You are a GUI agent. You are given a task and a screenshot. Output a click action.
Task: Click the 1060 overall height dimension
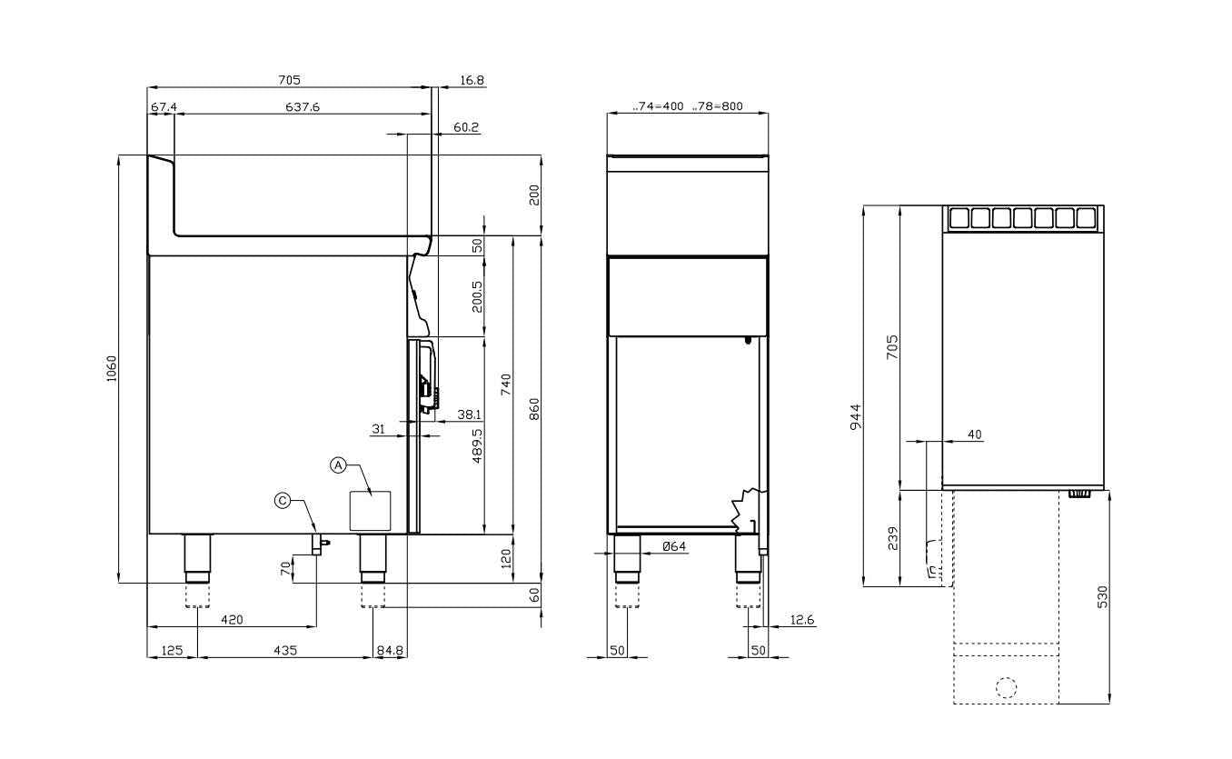tap(112, 369)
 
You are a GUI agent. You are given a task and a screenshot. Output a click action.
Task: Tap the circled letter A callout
tap(338, 465)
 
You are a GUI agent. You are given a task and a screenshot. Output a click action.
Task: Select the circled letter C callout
tap(283, 500)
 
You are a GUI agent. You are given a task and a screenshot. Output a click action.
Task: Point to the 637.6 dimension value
tap(303, 106)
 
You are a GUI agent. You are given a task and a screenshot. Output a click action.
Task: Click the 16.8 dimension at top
tap(472, 80)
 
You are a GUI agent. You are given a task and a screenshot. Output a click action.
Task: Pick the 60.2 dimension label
tap(466, 127)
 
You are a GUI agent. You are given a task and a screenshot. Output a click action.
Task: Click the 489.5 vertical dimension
tap(477, 446)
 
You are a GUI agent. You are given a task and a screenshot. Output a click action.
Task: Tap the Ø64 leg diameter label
tap(674, 546)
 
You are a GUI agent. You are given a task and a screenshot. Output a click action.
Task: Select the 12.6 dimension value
tap(802, 620)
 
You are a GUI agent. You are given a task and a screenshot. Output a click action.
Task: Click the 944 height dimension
tap(856, 417)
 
